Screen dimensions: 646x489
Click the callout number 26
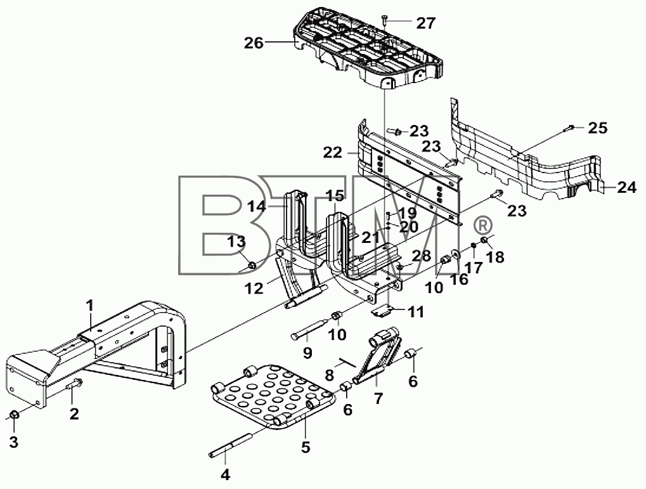coord(254,42)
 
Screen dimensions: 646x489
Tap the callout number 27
coord(426,23)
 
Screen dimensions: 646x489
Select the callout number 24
coord(626,188)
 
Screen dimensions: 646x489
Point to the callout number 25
coord(598,128)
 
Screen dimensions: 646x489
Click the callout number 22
coord(333,153)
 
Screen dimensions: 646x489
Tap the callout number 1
coord(89,306)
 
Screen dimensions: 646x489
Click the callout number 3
coord(14,443)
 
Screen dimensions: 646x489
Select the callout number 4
coord(225,475)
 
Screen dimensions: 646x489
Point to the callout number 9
coord(307,353)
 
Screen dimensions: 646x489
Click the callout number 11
coord(415,312)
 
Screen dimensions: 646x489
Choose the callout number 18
coord(494,257)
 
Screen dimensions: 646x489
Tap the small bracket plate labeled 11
coord(381,311)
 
